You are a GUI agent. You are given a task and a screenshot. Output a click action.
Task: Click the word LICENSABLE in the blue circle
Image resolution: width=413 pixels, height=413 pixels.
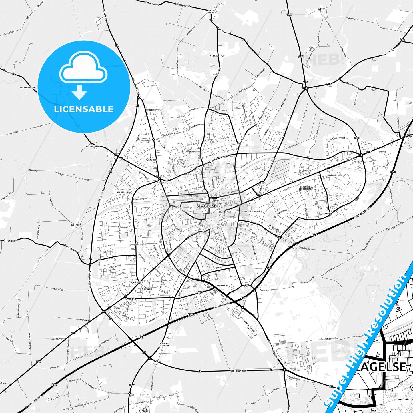(84, 109)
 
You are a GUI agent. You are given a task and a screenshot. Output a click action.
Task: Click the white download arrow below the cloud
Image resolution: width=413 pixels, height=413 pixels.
(79, 92)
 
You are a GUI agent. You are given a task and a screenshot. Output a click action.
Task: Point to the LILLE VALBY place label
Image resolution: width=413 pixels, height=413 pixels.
(211, 11)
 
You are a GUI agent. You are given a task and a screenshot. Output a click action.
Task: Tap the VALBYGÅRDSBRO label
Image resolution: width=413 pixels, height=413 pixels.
(28, 87)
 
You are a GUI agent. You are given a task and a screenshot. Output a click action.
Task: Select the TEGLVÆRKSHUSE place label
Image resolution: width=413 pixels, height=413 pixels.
(93, 146)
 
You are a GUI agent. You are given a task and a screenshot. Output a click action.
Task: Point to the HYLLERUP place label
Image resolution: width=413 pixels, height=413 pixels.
(76, 225)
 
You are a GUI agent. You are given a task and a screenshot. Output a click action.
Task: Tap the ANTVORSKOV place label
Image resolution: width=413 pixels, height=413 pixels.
(221, 286)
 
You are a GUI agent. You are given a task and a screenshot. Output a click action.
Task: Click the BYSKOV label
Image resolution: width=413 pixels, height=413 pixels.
(327, 213)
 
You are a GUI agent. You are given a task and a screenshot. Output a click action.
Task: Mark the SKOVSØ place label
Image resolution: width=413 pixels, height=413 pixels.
(382, 152)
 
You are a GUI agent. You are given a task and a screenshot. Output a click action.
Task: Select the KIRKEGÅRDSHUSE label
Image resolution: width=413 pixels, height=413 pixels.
(251, 212)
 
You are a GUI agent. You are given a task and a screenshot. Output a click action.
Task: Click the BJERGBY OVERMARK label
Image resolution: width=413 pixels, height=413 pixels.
(164, 344)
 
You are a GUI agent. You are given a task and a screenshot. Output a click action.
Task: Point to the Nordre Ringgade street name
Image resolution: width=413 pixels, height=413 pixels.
(219, 159)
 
